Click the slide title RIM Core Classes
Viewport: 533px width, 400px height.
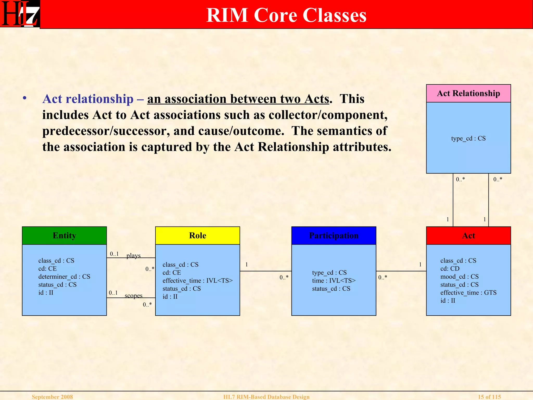click(x=286, y=15)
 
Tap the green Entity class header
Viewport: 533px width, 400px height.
click(x=64, y=235)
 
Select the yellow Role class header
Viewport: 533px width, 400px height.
click(x=198, y=235)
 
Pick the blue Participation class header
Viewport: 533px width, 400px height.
click(x=334, y=235)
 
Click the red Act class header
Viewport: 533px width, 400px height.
click(x=468, y=235)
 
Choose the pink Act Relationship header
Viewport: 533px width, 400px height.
click(x=468, y=93)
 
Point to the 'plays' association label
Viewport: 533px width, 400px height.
click(x=134, y=255)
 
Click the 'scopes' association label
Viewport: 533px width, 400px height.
click(x=134, y=296)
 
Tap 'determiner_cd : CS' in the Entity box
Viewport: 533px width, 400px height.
click(x=64, y=277)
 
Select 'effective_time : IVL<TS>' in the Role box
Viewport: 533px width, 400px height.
click(x=198, y=281)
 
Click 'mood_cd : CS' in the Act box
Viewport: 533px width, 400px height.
click(x=459, y=277)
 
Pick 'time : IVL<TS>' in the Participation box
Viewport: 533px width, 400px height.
click(x=334, y=281)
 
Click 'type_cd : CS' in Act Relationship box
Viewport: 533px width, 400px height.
click(x=468, y=138)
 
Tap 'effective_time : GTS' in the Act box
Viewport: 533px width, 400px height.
click(x=468, y=293)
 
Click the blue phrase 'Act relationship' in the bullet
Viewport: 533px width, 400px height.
click(x=88, y=99)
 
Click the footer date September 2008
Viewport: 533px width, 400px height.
click(x=52, y=397)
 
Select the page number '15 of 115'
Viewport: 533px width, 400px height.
click(x=489, y=397)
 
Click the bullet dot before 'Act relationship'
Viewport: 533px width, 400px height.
click(x=25, y=98)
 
